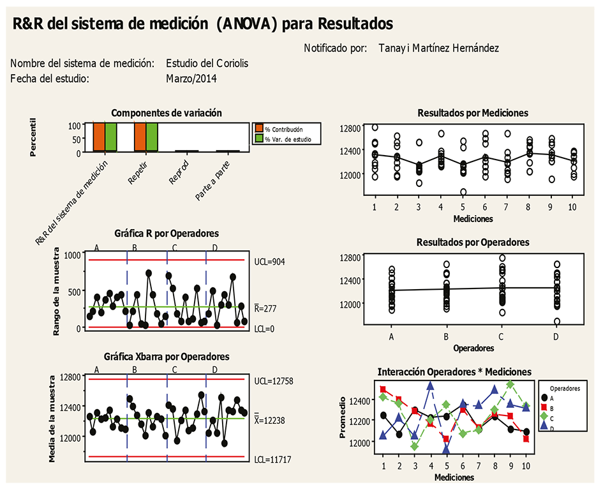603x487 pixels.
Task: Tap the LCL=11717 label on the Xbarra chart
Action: [x=272, y=460]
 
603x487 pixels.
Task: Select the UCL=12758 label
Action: [x=272, y=380]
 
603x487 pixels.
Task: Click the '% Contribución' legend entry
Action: [x=283, y=129]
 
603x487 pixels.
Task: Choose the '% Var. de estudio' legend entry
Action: [x=287, y=139]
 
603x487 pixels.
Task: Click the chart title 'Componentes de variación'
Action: [x=167, y=113]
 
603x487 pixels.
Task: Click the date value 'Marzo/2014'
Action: [x=191, y=79]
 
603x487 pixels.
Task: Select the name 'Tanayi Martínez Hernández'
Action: [x=438, y=48]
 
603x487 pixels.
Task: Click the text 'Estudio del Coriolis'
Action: [x=207, y=64]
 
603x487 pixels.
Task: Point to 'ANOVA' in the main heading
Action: [x=246, y=24]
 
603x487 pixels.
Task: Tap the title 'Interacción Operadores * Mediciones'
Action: [x=454, y=371]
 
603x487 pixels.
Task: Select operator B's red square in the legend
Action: [x=544, y=407]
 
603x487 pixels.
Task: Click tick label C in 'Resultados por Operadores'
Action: [x=501, y=336]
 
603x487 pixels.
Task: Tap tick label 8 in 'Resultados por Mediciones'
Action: [x=529, y=208]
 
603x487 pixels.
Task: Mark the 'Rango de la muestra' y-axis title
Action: [x=56, y=290]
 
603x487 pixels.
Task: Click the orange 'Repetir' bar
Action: [x=140, y=137]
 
